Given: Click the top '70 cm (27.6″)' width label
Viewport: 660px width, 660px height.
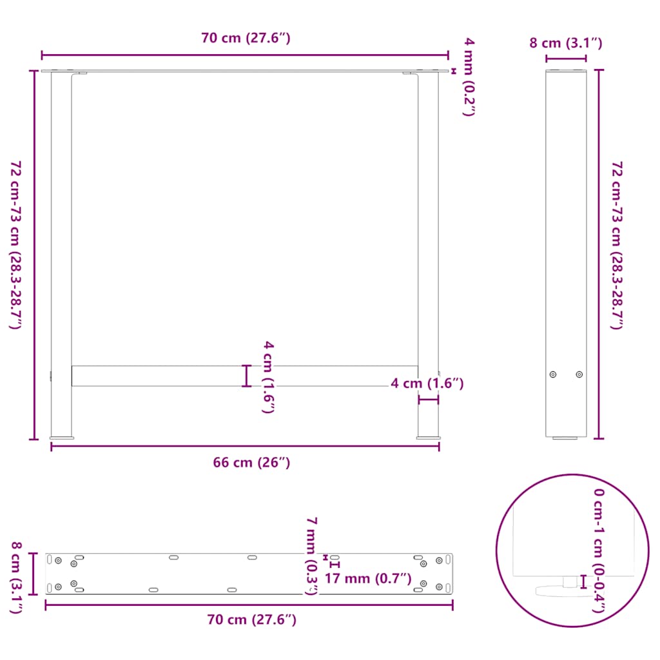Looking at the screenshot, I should pos(246,38).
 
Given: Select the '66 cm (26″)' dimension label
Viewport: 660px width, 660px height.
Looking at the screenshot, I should pos(251,462).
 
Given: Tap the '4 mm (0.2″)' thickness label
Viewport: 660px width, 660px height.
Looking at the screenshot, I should pos(469,77).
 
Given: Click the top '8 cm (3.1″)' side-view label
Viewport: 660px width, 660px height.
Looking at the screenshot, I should pos(566,43).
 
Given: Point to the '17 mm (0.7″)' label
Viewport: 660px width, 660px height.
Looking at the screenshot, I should pos(368,578).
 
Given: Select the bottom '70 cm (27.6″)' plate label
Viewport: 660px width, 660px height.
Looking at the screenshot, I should pos(251,619).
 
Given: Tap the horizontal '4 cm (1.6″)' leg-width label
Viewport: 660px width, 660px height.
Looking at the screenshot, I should pos(427,383).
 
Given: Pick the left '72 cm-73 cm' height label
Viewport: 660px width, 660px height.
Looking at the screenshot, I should pos(15,245).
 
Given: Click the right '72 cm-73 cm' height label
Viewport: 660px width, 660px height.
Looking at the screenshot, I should pos(617,245).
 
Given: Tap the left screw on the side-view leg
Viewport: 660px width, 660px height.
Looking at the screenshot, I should pos(553,374).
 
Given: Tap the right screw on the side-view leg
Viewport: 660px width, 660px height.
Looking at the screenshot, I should pos(579,374).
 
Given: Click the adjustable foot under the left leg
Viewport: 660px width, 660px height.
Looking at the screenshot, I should pos(62,438).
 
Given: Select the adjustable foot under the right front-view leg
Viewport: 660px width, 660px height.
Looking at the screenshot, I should pos(428,438).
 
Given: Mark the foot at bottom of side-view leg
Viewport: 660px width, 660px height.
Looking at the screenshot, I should pos(566,438).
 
